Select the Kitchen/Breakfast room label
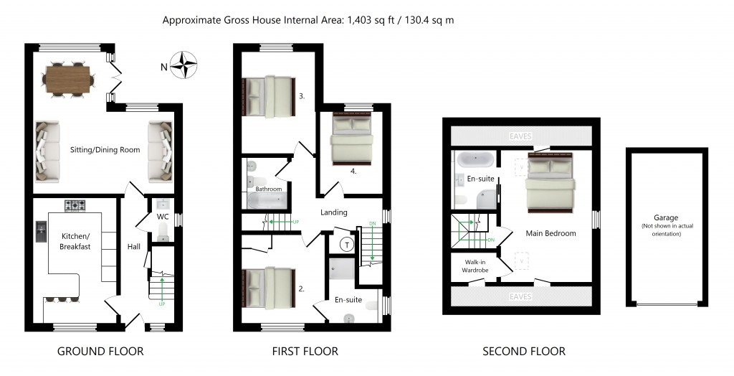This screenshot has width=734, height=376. [x=75, y=241]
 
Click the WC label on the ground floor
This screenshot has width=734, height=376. [x=163, y=216]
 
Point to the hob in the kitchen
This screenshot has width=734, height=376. [x=75, y=207]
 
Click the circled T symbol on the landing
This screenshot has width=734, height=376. [x=348, y=244]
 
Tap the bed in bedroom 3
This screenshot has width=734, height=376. [x=270, y=96]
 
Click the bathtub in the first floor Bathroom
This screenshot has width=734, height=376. [x=268, y=199]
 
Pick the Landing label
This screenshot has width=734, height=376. [x=334, y=212]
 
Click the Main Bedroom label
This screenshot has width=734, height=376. [x=551, y=233]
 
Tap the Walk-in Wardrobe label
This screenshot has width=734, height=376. [x=475, y=266]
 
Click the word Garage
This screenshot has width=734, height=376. [x=665, y=217]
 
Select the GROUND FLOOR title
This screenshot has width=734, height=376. [x=100, y=352]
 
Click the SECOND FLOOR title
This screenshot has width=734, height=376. [x=523, y=352]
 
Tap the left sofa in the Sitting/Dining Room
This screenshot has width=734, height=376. [x=48, y=151]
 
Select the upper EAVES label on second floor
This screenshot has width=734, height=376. [x=521, y=134]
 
